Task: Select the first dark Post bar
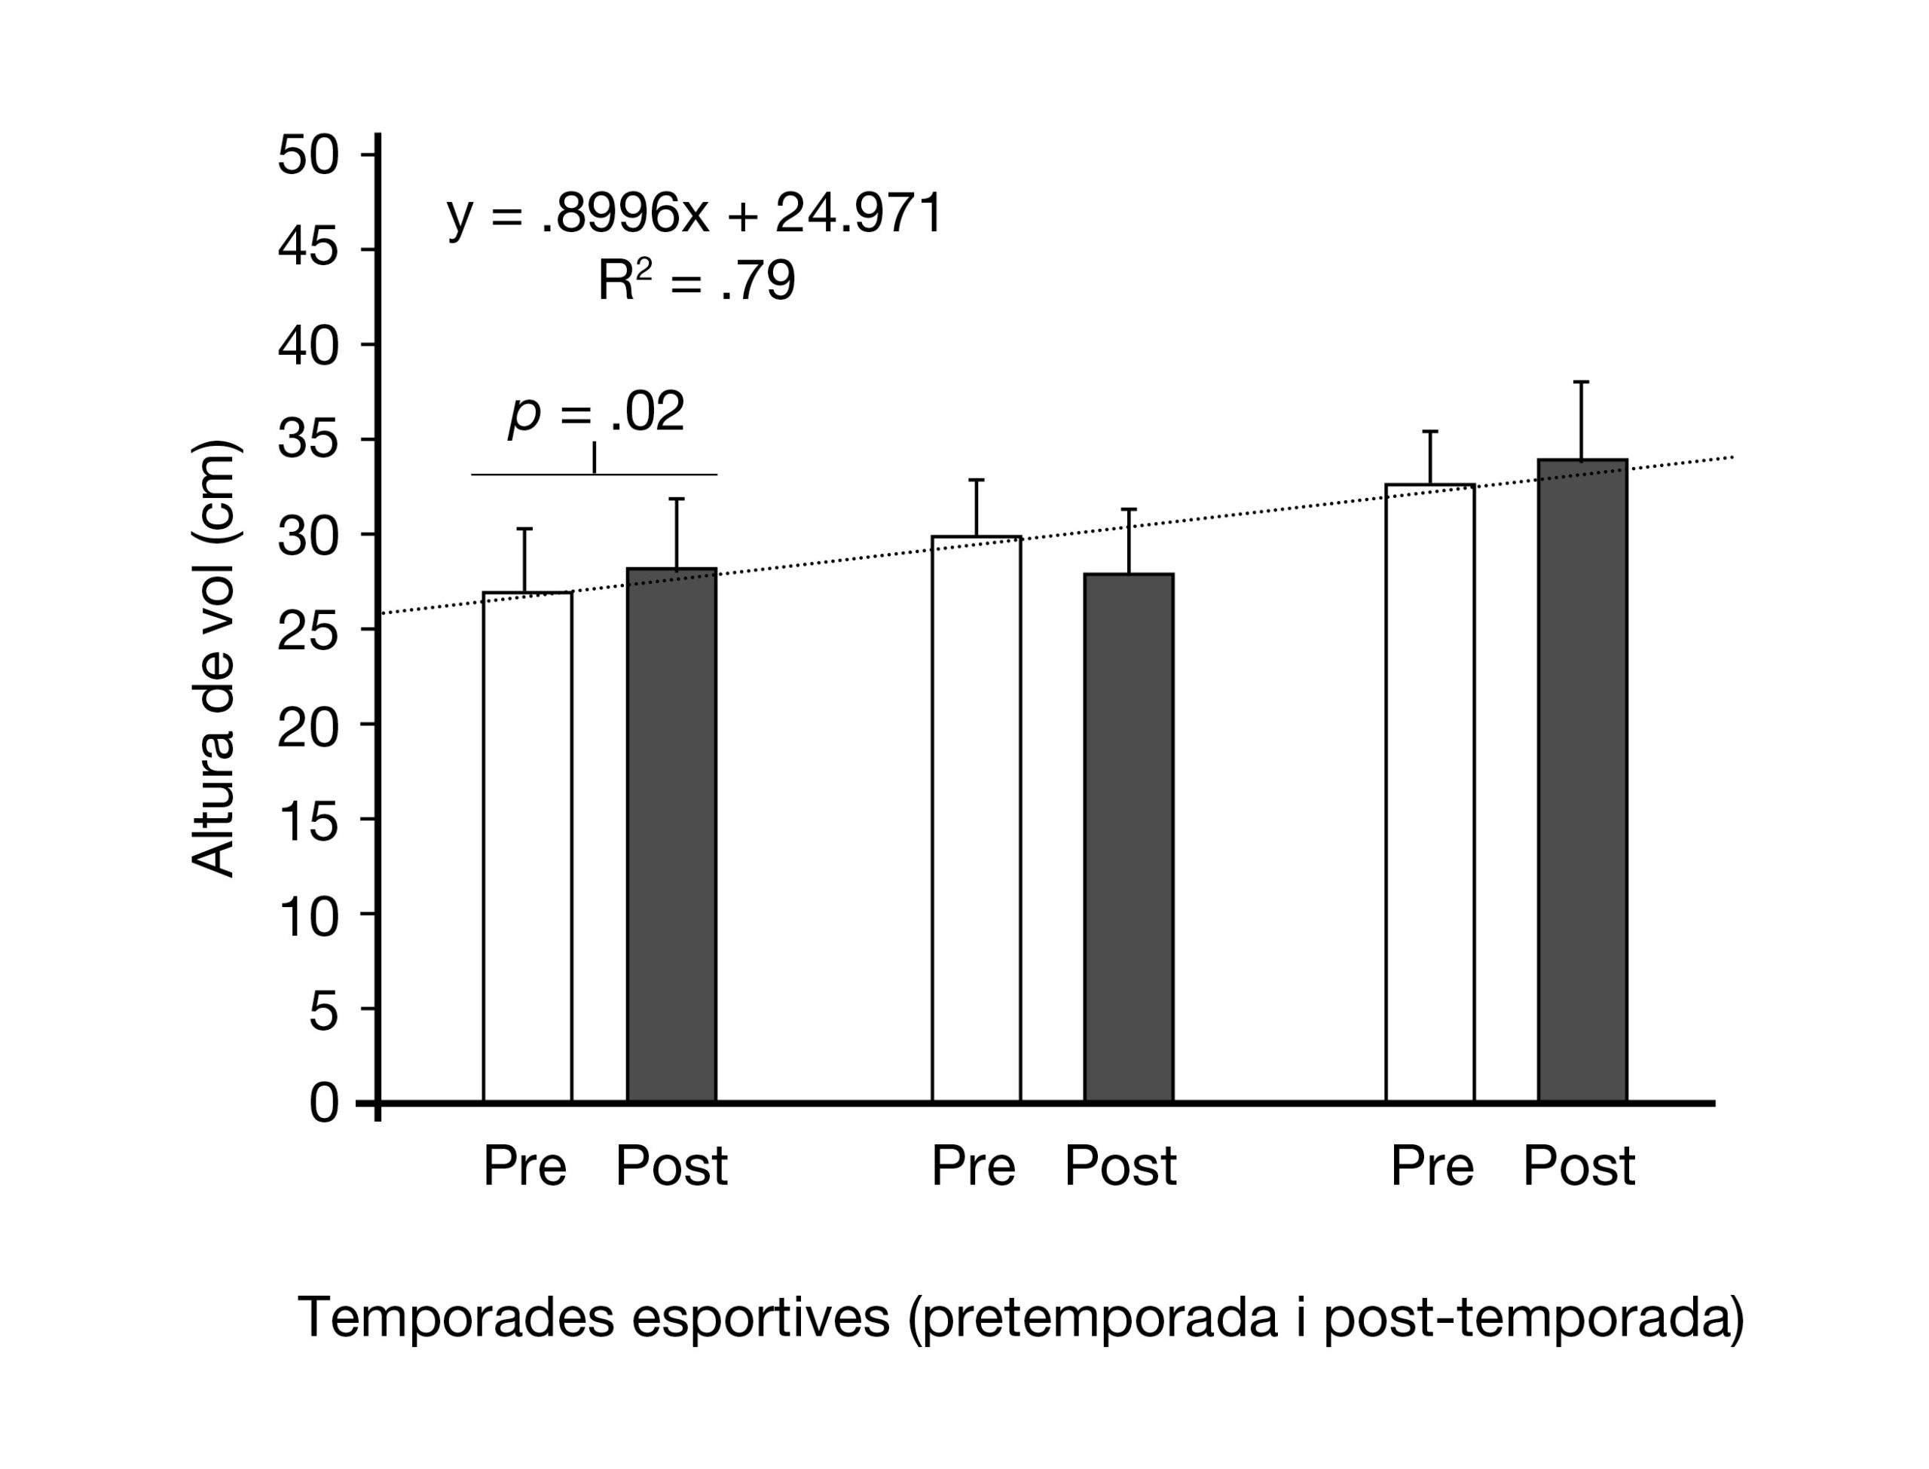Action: point(671,835)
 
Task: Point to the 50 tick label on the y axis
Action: point(307,156)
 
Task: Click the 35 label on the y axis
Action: point(307,440)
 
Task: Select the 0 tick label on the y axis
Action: point(323,1104)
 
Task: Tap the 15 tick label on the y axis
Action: point(307,820)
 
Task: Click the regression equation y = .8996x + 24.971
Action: point(695,212)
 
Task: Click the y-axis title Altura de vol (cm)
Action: point(212,658)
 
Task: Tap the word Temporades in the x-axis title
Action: point(454,1317)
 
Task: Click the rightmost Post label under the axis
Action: point(1579,1166)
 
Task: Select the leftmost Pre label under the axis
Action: point(524,1166)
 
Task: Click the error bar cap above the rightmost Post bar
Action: point(1581,382)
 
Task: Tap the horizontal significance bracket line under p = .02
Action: point(595,475)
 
